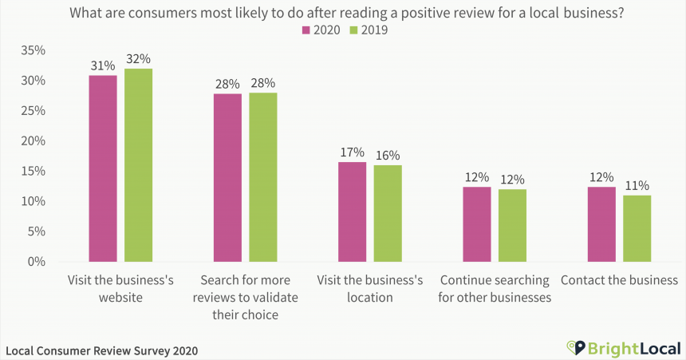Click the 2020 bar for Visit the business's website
coord(103,168)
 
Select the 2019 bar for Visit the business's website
coord(138,165)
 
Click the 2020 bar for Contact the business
coord(601,224)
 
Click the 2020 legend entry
coord(321,30)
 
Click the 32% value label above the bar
coord(138,59)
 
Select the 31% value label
coord(103,65)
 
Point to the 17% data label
coord(352,152)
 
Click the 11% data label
coord(637,185)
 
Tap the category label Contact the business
coord(619,280)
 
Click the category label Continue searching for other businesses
coord(495,289)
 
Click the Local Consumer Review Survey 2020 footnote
coord(101,350)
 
